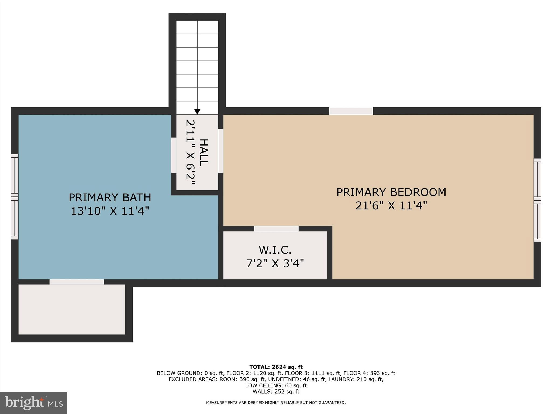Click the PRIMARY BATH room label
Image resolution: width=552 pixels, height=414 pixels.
coord(110,198)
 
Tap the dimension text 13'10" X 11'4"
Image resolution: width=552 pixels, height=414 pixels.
coord(110,211)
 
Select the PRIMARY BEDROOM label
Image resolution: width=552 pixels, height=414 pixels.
coord(391,192)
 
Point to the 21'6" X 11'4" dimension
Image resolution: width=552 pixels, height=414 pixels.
coord(391,206)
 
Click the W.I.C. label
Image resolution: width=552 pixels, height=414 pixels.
coord(275,250)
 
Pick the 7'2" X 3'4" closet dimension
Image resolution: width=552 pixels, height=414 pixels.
coord(275,263)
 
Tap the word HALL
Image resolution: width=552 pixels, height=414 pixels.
coord(204,153)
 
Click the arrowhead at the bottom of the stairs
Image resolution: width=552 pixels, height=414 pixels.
coord(197,112)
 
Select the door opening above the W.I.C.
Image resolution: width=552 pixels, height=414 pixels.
coord(276,229)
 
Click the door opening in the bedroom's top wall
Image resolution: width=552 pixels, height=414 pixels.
coord(351,111)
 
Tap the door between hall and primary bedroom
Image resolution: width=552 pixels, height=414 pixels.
coord(221,151)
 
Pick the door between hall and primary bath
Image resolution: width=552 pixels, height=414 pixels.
coord(174,155)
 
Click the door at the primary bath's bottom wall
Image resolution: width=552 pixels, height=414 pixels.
coord(77,282)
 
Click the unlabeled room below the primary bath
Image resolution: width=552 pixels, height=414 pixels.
coord(72,309)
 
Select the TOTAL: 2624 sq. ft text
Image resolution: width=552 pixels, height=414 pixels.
coord(276,367)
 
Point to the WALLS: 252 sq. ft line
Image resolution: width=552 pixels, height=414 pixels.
coord(276,392)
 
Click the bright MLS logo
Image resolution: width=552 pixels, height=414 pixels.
coord(34,403)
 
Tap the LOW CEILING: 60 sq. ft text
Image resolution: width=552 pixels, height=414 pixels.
coord(276,385)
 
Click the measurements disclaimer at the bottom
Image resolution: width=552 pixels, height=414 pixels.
coord(276,403)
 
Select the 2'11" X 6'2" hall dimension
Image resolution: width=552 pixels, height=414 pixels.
coord(190,153)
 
